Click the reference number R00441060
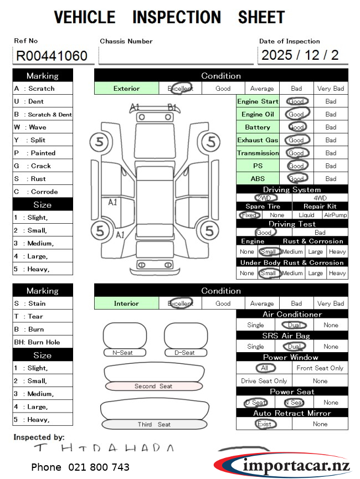pos(52,56)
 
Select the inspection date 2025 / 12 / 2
pos(300,55)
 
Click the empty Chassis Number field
pos(176,56)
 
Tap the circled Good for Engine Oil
pos(297,114)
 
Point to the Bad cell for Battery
pos(331,127)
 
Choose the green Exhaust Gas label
pos(258,140)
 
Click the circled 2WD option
pos(264,198)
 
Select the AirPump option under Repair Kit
pos(336,215)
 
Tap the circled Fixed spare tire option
pos(249,215)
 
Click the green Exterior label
pos(126,89)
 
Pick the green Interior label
pos(126,303)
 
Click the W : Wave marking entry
pos(42,127)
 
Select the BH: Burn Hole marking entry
pos(42,342)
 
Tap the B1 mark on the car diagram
pos(172,107)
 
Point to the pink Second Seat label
pos(153,386)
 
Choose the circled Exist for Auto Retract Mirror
pos(264,424)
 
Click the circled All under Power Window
pos(264,368)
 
